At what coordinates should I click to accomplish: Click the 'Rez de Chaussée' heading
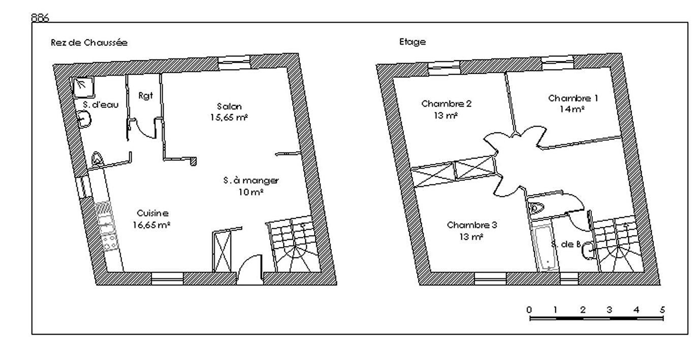pos(89,42)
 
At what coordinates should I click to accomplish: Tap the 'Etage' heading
pos(412,42)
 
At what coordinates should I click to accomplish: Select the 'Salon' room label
pos(229,106)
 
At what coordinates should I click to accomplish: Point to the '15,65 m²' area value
pos(229,118)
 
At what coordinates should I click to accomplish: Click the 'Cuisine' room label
pos(153,213)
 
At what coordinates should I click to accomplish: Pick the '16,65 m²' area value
pos(151,225)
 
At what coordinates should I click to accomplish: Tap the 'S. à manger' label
pos(251,180)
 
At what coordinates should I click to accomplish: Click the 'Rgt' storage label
pos(146,95)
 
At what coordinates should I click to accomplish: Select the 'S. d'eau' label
pos(101,105)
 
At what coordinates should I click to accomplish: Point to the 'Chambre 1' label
pos(573,98)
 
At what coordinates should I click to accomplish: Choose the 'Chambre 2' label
pos(446,104)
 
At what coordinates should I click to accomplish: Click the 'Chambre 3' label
pos(472,225)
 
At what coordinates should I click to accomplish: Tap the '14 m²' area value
pos(572,109)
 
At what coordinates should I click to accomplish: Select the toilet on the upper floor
pos(536,208)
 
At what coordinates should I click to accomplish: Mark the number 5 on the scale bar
pos(663,309)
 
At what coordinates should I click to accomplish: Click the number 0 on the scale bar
pos(529,309)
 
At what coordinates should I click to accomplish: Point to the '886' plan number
pos(40,18)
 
